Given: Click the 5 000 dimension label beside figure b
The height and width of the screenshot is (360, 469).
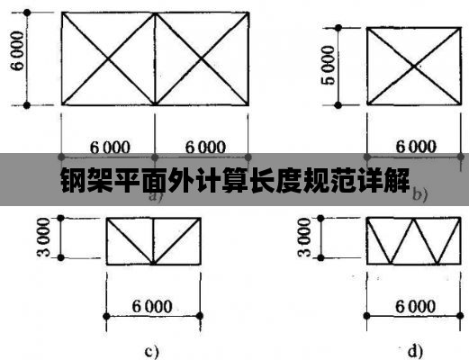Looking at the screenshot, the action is tap(329, 65).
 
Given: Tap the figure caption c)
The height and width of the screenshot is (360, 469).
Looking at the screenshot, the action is tap(151, 351).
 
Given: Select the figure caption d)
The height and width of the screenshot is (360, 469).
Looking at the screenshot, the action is tap(416, 351).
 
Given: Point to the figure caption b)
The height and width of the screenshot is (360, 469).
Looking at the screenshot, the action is tap(419, 194).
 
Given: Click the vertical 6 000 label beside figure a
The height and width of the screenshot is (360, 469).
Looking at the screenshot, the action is tap(17, 51).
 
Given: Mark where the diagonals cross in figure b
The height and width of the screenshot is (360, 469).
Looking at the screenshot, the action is tap(414, 66).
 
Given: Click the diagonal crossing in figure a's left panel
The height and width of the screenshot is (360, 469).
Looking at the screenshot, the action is tap(108, 58).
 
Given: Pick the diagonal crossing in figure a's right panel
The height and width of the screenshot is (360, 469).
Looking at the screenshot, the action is tap(202, 58).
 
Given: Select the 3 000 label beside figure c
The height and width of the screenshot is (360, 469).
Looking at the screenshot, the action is tap(44, 238).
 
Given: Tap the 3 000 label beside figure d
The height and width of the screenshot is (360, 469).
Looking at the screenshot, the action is tap(304, 238).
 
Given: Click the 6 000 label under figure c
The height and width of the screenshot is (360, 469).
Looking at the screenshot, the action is tap(152, 306).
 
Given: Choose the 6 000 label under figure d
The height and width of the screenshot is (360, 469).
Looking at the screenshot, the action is tap(415, 306).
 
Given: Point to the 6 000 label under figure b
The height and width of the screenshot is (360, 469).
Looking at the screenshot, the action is tap(416, 147).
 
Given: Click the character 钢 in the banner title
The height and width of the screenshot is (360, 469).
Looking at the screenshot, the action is tap(73, 180).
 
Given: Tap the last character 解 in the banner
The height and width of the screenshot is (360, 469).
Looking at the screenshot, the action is tap(397, 180).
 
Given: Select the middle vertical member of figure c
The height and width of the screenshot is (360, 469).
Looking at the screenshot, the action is tap(154, 241).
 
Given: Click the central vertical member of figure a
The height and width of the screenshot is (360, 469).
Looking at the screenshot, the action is tap(155, 58).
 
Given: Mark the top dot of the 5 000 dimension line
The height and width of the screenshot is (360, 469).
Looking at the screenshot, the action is tap(338, 28).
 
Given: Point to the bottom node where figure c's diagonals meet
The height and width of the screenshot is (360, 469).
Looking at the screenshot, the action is tap(154, 264).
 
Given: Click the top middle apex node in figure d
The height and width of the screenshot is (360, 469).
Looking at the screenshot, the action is tap(414, 219).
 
